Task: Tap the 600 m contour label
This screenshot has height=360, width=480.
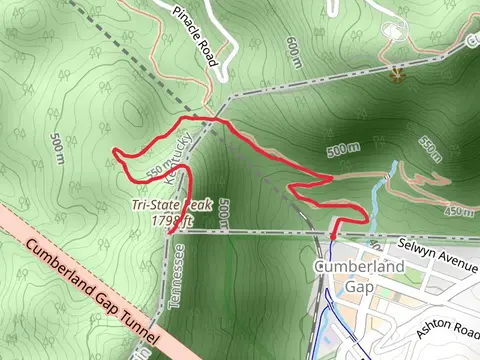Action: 293,49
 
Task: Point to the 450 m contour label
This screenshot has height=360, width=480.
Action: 459,211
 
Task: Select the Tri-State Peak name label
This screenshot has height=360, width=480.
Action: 172,205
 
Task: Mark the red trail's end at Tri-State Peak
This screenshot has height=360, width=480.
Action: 172,232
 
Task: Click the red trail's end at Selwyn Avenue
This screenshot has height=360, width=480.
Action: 332,236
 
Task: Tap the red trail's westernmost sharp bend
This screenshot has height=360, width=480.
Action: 115,153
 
